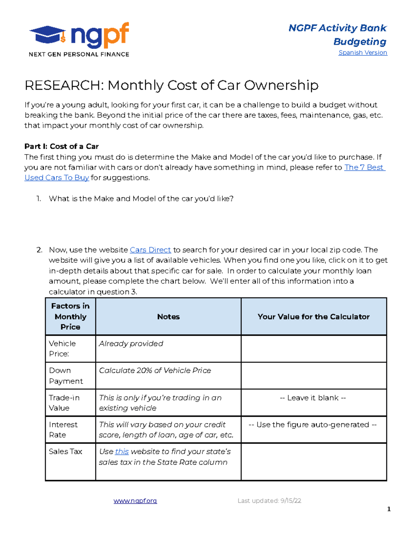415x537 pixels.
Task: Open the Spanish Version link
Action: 363,53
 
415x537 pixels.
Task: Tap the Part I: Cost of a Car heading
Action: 62,146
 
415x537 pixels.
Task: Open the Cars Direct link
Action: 150,250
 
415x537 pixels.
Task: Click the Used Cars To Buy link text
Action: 57,178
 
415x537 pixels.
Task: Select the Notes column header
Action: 168,317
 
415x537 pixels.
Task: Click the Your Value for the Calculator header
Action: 313,317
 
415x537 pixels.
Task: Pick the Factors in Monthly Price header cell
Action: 70,316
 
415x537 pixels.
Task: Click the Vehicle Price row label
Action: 62,349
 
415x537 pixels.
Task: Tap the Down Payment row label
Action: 66,376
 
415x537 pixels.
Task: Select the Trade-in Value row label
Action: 64,403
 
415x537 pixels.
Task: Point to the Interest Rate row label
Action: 63,429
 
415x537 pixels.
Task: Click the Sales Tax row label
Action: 65,452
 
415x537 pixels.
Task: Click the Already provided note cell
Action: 131,344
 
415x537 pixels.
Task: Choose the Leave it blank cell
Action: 313,398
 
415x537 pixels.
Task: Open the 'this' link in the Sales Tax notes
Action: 122,452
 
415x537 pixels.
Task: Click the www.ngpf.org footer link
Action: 135,501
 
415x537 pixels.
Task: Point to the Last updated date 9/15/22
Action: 269,501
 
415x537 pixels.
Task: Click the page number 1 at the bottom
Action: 389,509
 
